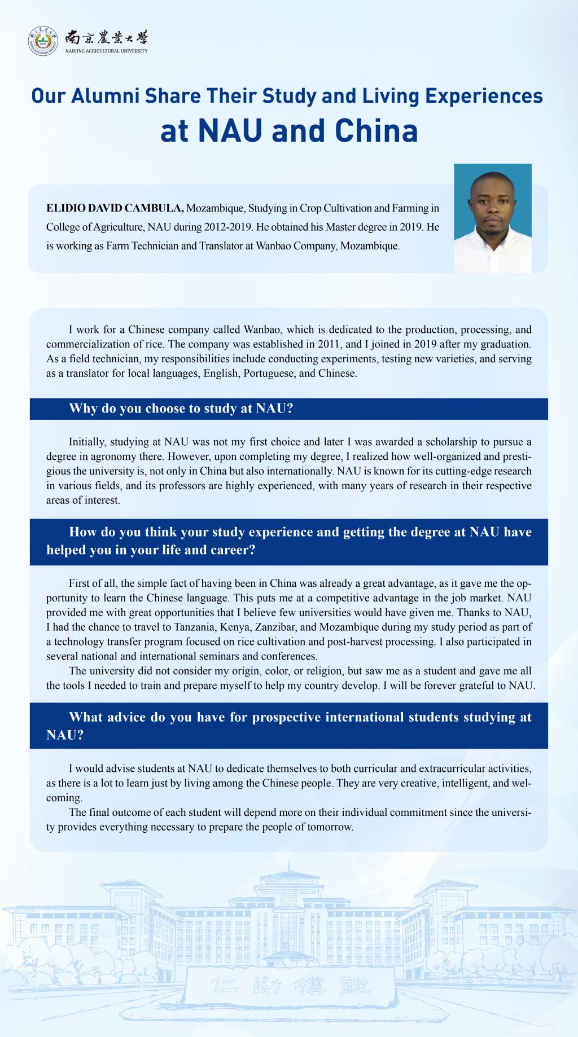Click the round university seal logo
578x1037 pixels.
click(43, 41)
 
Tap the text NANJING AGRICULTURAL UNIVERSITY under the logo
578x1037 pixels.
click(107, 51)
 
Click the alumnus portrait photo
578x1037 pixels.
click(493, 218)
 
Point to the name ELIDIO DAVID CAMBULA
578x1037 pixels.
click(115, 208)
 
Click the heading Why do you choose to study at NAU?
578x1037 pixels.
click(181, 408)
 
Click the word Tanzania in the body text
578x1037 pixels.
click(233, 627)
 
